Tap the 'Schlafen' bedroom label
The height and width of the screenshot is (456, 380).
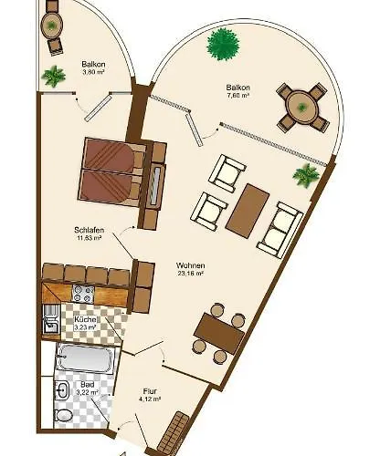(89, 230)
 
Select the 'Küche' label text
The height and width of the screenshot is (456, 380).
(86, 320)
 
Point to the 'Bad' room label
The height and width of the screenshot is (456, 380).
(87, 384)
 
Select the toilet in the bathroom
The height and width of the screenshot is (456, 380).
(64, 416)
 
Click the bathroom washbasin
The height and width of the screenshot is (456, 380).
(62, 390)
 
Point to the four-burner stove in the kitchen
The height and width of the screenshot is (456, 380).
(83, 294)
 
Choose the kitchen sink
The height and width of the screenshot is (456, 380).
(50, 323)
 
